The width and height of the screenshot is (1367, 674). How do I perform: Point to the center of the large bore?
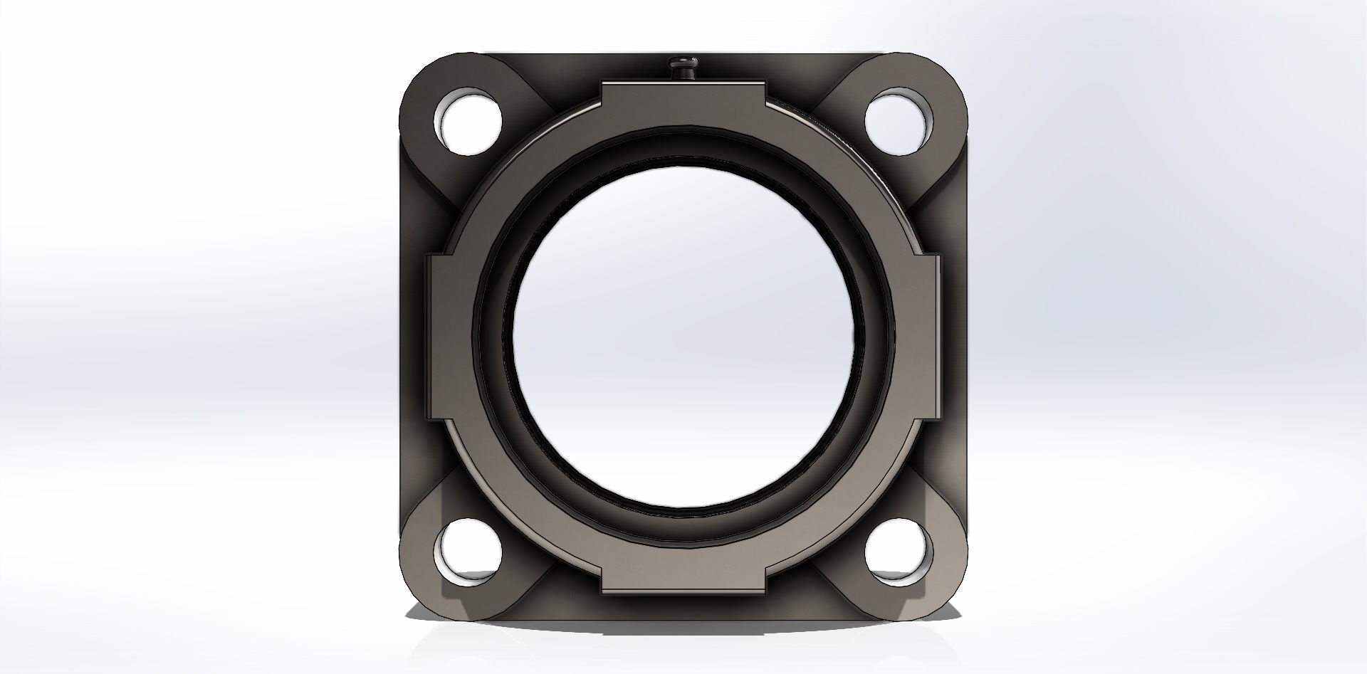click(x=683, y=335)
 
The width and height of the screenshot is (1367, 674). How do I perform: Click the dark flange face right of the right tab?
click(x=954, y=335)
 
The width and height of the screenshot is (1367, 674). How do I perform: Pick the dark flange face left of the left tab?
click(x=413, y=335)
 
